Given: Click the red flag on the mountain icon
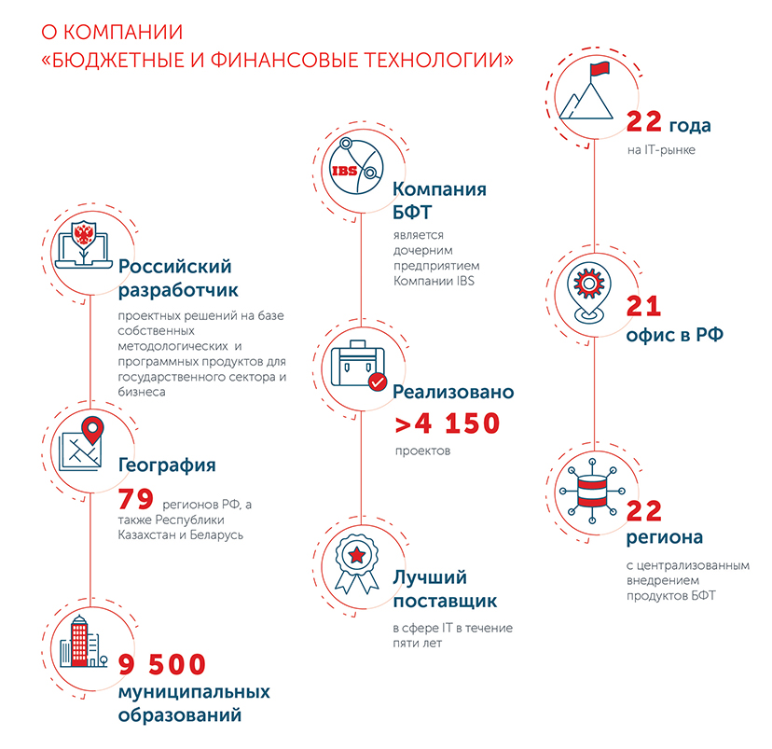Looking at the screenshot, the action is (x=600, y=69).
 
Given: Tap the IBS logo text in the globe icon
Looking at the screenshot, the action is (x=344, y=171).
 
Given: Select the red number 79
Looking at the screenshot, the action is (x=136, y=499).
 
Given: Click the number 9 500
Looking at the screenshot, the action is (x=162, y=664).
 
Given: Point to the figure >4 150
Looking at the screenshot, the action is (x=448, y=423).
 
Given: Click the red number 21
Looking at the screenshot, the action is (x=643, y=306).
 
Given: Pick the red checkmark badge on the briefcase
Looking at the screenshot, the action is (x=378, y=381).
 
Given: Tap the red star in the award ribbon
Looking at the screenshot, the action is (x=356, y=556).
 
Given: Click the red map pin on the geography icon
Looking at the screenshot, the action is (x=92, y=430).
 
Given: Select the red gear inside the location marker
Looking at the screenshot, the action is (x=588, y=284).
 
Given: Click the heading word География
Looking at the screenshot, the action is (x=167, y=465).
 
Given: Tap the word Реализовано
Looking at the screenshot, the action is (x=453, y=392).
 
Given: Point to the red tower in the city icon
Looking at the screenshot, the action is (x=79, y=641).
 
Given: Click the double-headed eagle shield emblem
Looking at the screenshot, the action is (x=84, y=234).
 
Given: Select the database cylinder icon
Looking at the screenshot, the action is (x=592, y=491).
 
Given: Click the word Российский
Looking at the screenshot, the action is (x=174, y=267).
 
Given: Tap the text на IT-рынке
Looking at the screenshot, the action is (x=661, y=149).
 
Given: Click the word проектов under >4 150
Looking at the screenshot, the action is (x=423, y=451).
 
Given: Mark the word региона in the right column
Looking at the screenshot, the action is (x=665, y=537).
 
